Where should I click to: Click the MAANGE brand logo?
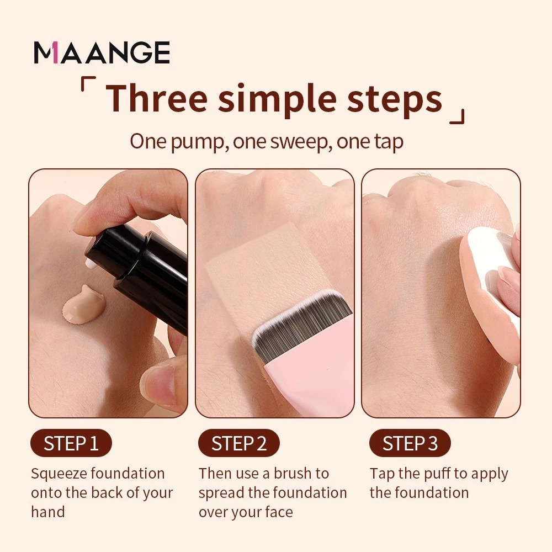coord(102,52)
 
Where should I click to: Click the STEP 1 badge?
coord(71,443)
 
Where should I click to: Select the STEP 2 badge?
coord(238,443)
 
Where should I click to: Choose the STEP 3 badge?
coord(410,443)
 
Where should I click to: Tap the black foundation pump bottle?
coord(149,276)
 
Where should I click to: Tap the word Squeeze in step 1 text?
coord(59,474)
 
